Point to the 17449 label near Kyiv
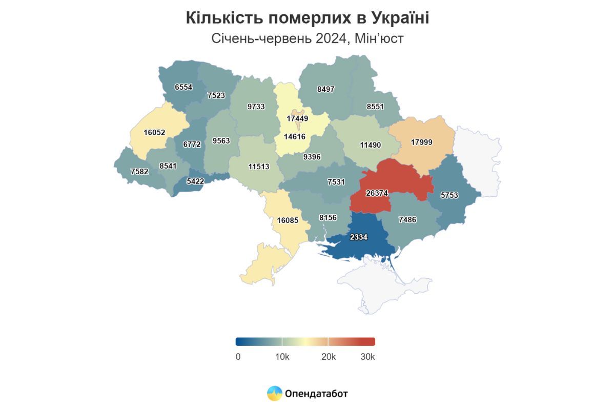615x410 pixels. (x=297, y=118)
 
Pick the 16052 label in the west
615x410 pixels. (x=154, y=132)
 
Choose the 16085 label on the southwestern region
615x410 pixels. (x=287, y=221)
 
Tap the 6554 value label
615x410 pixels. (x=183, y=87)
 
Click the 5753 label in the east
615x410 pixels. (x=449, y=195)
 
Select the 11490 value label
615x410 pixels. (x=370, y=145)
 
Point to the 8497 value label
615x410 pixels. (x=325, y=89)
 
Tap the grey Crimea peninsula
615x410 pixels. (x=374, y=284)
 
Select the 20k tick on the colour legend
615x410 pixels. (x=328, y=357)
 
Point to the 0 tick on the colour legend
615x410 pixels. (x=238, y=357)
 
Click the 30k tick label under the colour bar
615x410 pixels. (x=367, y=357)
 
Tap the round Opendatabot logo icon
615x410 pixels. (x=275, y=394)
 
